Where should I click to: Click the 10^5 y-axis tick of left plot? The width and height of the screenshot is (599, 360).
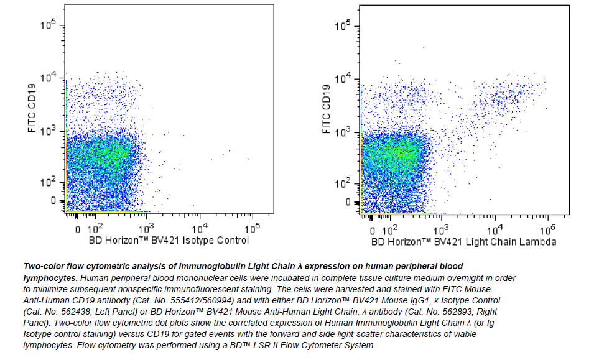pos(49,25)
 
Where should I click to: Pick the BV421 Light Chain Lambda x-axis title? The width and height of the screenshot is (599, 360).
pos(463,241)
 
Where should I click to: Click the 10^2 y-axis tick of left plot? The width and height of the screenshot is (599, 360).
pos(49,183)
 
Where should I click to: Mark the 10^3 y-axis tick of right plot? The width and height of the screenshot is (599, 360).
pos(345,132)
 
